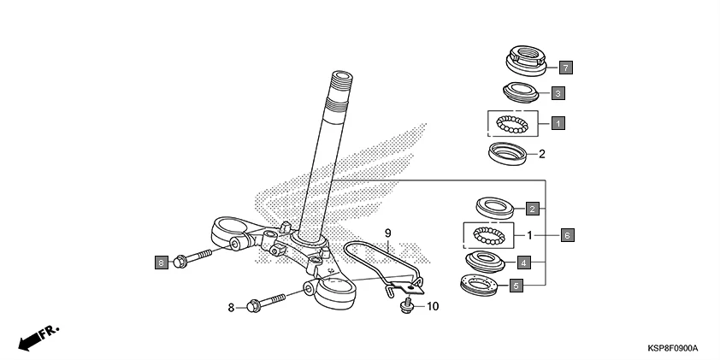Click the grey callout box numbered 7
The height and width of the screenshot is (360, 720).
coord(565,66)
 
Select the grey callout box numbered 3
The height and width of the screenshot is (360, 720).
coord(557,92)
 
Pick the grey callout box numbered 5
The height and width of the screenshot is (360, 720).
coord(516,286)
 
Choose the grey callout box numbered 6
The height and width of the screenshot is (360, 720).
coord(565,233)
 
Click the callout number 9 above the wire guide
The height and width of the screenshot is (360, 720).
coord(387,233)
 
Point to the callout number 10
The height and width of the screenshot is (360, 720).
coord(432,305)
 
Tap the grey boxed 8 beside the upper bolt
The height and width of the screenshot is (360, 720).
coord(161,262)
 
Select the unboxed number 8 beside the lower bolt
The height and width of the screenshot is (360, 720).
coord(230,305)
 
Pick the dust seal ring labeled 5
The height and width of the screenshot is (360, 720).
coord(483,285)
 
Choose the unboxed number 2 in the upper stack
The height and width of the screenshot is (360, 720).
coord(541,155)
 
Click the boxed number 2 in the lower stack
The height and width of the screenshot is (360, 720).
coord(532,209)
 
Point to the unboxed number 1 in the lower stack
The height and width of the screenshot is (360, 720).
coord(529,234)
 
